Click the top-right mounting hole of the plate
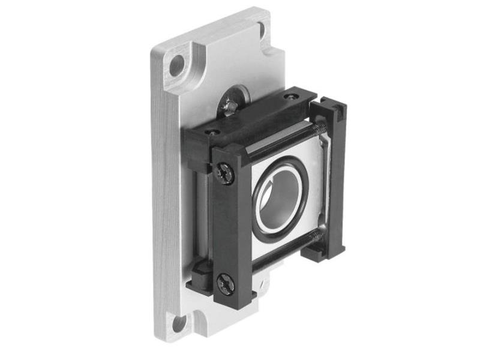[262, 28]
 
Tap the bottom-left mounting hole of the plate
[179, 325]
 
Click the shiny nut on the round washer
[231, 106]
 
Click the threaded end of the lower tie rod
[320, 238]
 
